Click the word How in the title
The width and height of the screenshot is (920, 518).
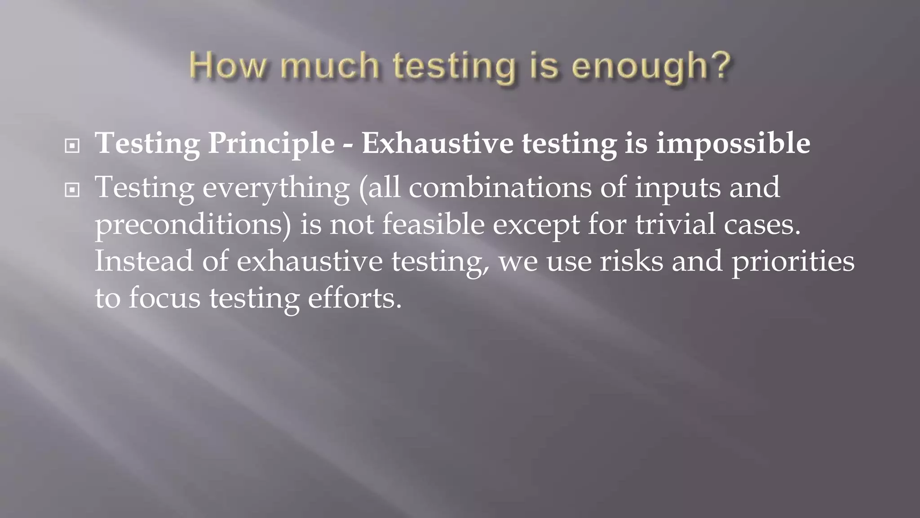(227, 66)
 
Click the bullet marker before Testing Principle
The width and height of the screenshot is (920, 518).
(72, 146)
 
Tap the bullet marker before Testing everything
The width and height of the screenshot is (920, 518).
(72, 190)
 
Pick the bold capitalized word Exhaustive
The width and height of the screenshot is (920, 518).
(437, 143)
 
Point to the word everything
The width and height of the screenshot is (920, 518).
(276, 188)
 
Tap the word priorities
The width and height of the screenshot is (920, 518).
(793, 262)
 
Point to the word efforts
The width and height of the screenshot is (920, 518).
(354, 298)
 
